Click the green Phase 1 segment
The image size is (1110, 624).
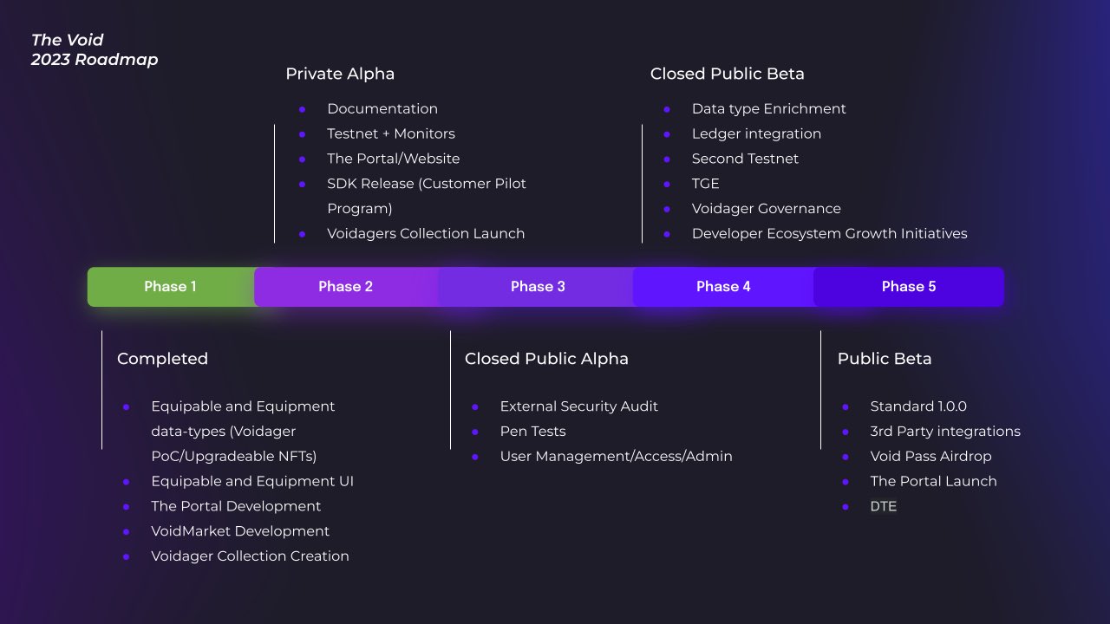click(x=170, y=287)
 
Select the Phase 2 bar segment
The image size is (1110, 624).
click(x=345, y=287)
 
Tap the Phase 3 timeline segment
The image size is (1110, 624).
click(x=538, y=287)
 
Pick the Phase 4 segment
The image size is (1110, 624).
click(x=723, y=287)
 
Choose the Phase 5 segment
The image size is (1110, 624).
click(x=908, y=287)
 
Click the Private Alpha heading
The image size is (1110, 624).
click(x=340, y=74)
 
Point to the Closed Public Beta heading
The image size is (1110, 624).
click(x=727, y=74)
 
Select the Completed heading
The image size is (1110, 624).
click(x=162, y=359)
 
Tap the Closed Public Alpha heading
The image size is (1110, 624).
click(x=546, y=359)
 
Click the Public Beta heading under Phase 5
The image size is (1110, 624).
click(x=884, y=359)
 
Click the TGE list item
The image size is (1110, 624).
click(x=705, y=184)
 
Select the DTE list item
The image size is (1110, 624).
click(x=883, y=506)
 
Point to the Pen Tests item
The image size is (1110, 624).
click(x=532, y=432)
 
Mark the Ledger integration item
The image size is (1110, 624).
click(x=756, y=133)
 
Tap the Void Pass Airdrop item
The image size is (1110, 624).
click(x=930, y=457)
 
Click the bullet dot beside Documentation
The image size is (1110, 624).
click(x=302, y=109)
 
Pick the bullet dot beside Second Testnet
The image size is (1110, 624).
click(x=667, y=159)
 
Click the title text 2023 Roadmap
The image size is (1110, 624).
click(x=95, y=60)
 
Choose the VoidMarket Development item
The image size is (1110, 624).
click(x=240, y=531)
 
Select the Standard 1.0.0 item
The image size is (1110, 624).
click(x=918, y=406)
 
